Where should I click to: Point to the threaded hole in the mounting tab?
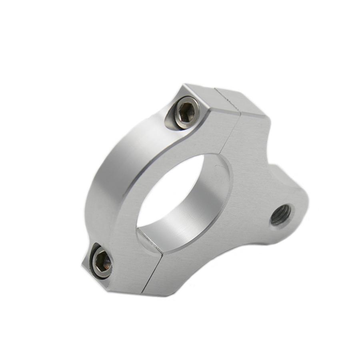(x=282, y=216)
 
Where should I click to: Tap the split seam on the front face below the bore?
(x=154, y=268)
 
